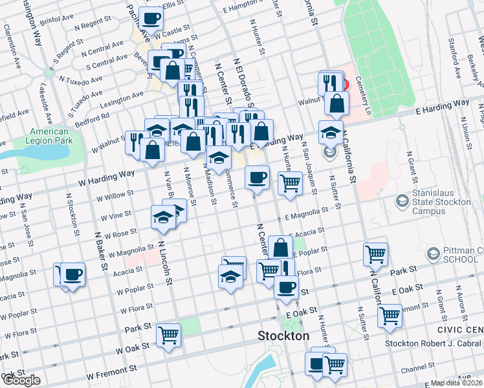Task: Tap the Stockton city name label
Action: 283,336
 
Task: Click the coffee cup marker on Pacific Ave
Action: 151,19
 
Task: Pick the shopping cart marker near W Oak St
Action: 169,335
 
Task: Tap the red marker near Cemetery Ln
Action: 344,84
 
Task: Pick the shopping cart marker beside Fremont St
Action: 390,316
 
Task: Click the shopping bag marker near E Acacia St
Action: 280,248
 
